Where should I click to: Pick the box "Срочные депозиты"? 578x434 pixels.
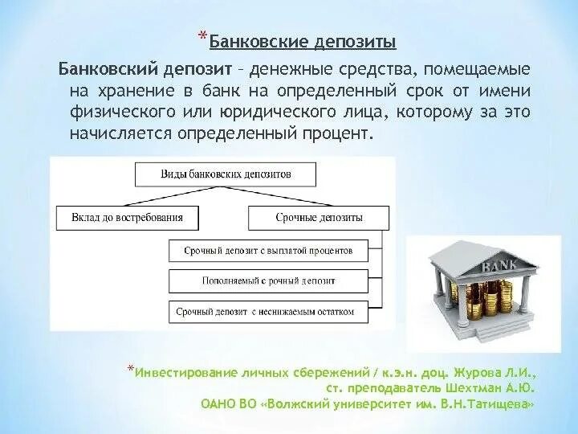(319, 218)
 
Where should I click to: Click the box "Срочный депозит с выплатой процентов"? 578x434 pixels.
(267, 251)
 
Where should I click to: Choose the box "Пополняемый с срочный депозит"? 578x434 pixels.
(267, 281)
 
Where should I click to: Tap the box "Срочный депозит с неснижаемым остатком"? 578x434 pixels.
(267, 312)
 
